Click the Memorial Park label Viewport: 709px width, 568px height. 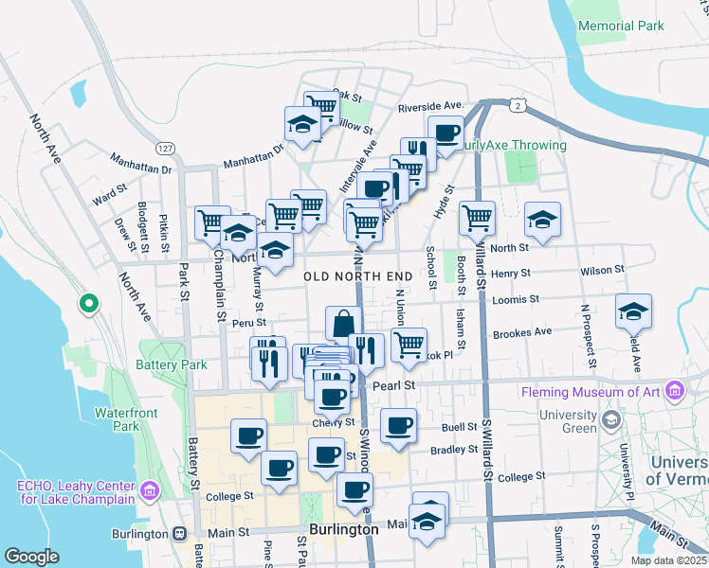pos(621,27)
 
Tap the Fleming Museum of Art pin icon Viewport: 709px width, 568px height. pos(674,390)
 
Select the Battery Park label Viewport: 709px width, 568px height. pos(171,364)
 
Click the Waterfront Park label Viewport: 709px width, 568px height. pos(119,418)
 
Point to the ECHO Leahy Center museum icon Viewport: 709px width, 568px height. pos(149,490)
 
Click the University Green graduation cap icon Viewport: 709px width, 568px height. pos(611,418)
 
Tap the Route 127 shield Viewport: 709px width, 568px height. pos(165,150)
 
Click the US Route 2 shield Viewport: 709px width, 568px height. pos(517,102)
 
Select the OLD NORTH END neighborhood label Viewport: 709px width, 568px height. pos(358,276)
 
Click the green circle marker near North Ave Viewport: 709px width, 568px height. pos(88,304)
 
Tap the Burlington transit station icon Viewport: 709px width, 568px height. pos(179,533)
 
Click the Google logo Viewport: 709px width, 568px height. pos(31,557)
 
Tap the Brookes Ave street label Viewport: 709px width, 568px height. pos(521,332)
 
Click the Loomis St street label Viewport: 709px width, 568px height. pos(516,299)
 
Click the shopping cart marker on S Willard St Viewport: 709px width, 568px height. pos(477,218)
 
